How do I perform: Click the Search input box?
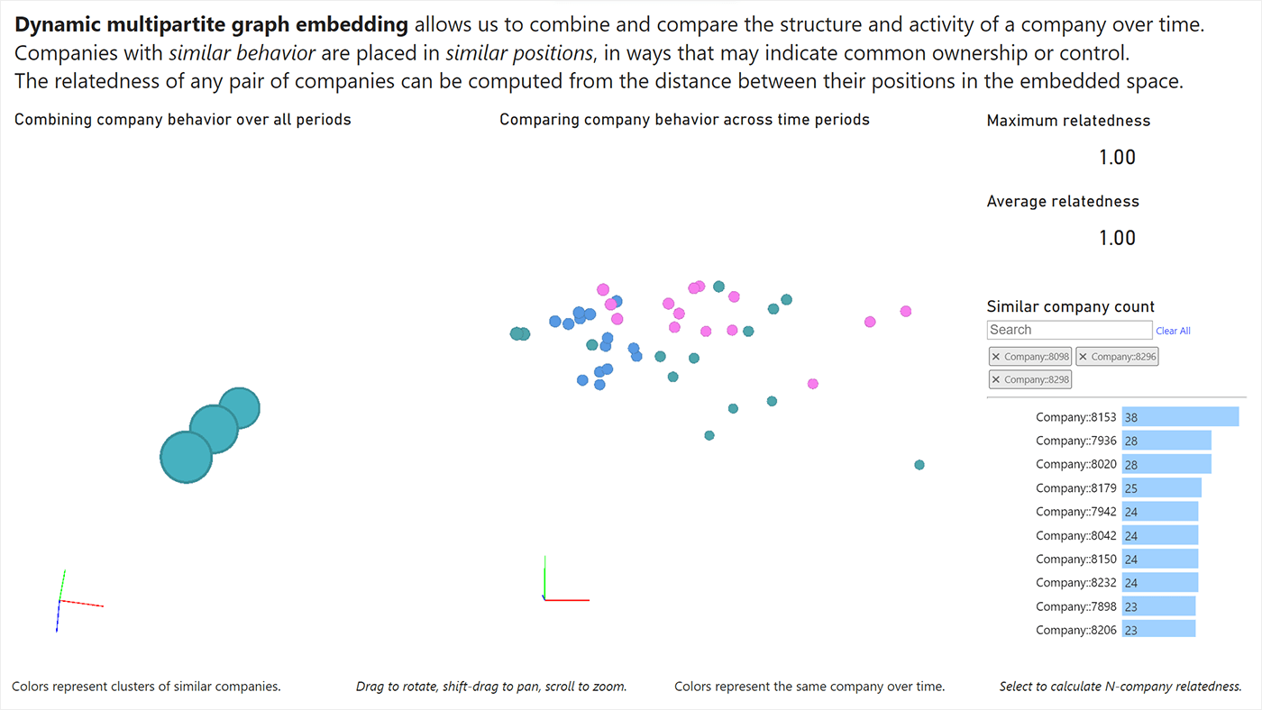(x=1069, y=330)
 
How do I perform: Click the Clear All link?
(x=1173, y=331)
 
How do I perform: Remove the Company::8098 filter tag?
(x=996, y=357)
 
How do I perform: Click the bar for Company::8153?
(x=1180, y=417)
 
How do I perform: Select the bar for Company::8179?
(x=1161, y=487)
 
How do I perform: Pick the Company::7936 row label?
(x=1075, y=441)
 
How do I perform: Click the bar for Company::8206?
(x=1158, y=629)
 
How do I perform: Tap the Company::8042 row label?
(x=1075, y=535)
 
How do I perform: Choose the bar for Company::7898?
(x=1158, y=605)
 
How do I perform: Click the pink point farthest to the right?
(x=905, y=311)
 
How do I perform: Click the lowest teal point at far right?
(x=919, y=465)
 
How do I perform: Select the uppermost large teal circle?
(x=240, y=407)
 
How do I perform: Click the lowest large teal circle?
(x=186, y=458)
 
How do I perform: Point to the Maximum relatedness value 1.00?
(x=1117, y=158)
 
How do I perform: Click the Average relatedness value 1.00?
(x=1117, y=238)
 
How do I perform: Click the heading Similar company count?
(x=1070, y=306)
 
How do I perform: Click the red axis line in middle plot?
(x=568, y=599)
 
